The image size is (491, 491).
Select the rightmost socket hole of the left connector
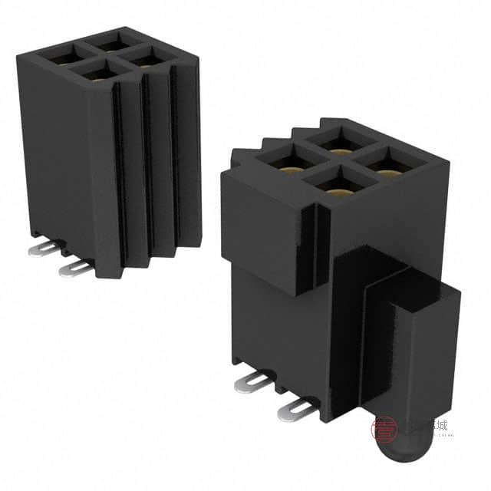pyautogui.click(x=150, y=57)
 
